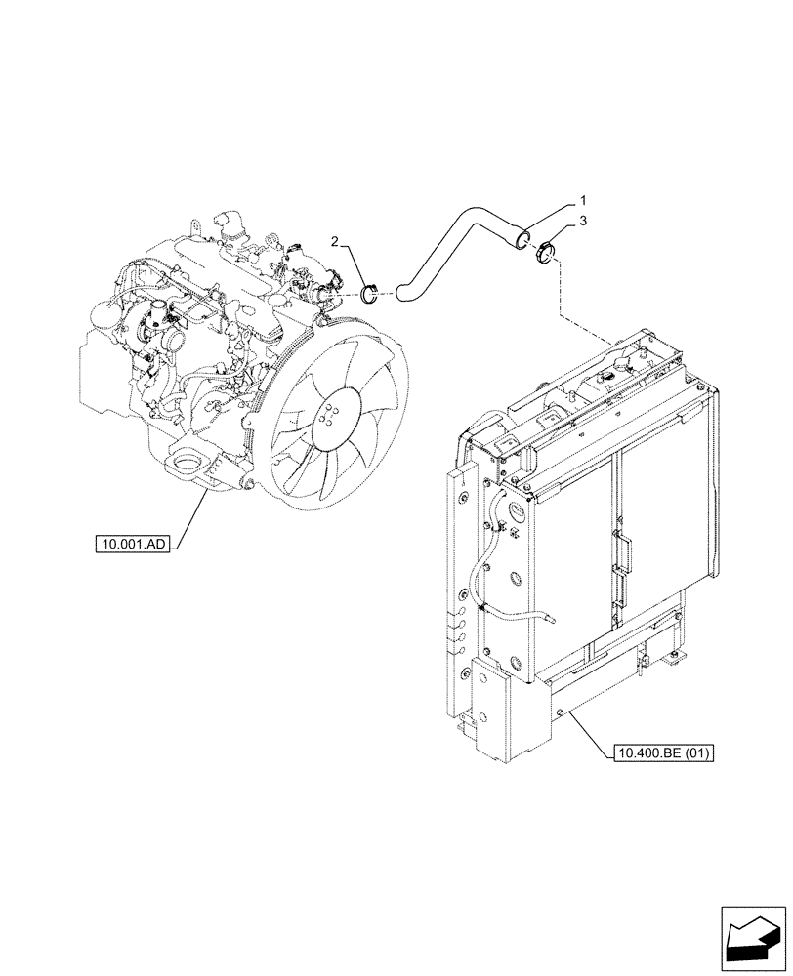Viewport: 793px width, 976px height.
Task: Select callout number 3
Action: pyautogui.click(x=583, y=223)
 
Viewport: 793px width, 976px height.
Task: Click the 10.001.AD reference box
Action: pyautogui.click(x=133, y=544)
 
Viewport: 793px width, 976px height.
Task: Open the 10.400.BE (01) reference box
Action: pyautogui.click(x=664, y=752)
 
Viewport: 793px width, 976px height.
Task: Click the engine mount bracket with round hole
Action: pyautogui.click(x=187, y=464)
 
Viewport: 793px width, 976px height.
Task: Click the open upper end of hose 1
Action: pyautogui.click(x=524, y=235)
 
